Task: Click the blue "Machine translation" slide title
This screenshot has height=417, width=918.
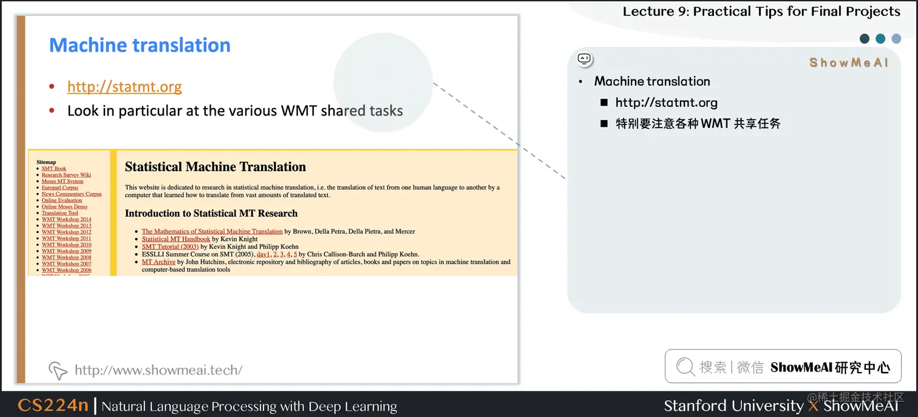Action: click(x=140, y=46)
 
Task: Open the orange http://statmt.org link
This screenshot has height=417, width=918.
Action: click(x=124, y=87)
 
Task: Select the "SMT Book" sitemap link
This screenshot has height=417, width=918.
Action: click(x=54, y=169)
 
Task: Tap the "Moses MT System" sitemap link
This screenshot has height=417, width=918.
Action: click(x=63, y=181)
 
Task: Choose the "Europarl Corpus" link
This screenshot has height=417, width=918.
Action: click(x=60, y=188)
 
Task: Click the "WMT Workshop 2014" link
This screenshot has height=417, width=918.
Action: click(x=66, y=220)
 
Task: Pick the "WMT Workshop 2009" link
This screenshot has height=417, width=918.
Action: click(x=66, y=251)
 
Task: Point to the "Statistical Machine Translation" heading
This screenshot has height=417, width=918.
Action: click(x=215, y=167)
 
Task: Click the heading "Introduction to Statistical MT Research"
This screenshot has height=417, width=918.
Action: click(x=211, y=214)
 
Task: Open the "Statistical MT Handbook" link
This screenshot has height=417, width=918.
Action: click(x=176, y=239)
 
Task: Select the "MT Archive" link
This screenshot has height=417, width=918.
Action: click(x=158, y=262)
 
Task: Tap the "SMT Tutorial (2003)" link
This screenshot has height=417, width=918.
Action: click(x=170, y=247)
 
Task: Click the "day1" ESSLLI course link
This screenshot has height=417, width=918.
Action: click(x=263, y=254)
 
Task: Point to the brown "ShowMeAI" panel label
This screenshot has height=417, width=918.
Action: click(x=848, y=63)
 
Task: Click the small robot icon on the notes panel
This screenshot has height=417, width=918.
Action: click(x=584, y=59)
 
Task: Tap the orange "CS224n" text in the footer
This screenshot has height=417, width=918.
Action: click(x=53, y=405)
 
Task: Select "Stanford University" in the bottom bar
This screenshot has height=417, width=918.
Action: click(x=733, y=405)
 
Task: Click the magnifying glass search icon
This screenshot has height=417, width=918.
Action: click(x=685, y=367)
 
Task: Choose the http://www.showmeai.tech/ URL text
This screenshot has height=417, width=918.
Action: click(x=158, y=370)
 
